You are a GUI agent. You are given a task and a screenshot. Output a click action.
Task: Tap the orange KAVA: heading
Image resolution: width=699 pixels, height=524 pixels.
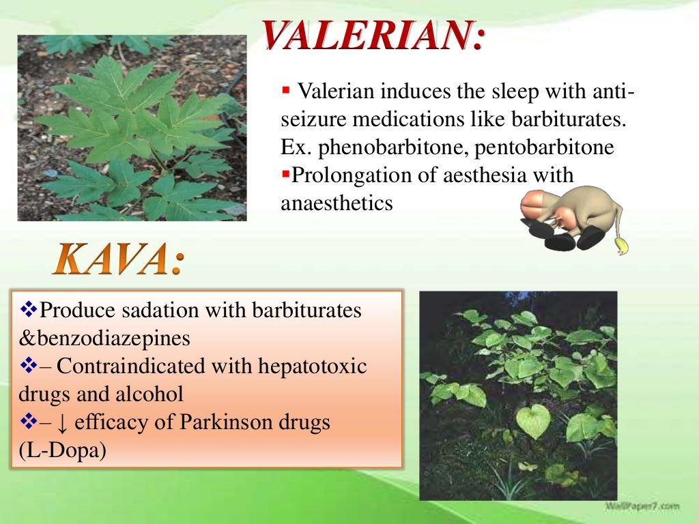point(118,261)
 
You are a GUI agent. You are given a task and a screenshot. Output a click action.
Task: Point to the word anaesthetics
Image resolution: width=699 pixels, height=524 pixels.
point(337,203)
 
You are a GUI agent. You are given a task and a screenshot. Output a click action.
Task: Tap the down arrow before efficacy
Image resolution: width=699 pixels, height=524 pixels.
point(62,424)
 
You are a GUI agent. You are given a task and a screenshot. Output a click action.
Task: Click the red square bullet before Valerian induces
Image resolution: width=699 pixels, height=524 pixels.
point(286,91)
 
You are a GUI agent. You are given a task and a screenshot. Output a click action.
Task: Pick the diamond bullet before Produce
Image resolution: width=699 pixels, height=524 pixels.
point(28,310)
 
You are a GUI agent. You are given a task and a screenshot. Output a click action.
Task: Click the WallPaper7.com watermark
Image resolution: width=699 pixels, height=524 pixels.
point(642,506)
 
